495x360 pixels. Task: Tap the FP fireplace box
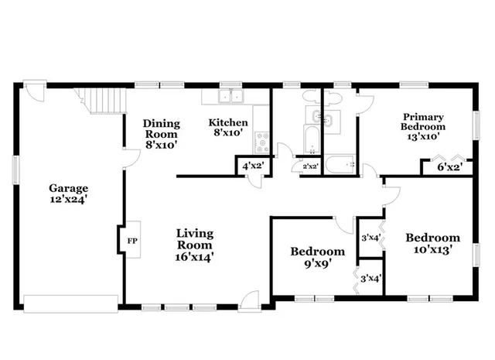click(131, 241)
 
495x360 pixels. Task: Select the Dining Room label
click(161, 129)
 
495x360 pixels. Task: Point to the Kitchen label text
click(229, 123)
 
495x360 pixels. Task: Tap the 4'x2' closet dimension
click(253, 166)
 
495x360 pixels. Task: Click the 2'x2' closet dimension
click(311, 166)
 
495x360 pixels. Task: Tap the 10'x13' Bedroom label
click(433, 243)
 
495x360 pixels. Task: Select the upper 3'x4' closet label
click(370, 238)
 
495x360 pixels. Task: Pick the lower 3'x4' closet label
click(370, 278)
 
